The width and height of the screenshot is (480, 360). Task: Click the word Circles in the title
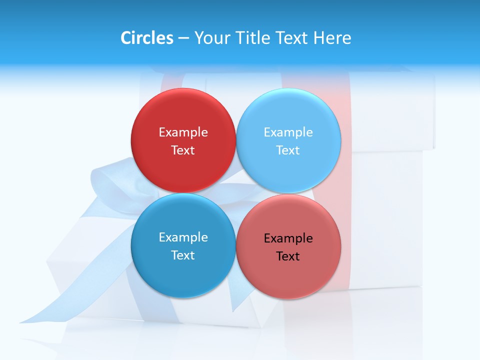click(147, 38)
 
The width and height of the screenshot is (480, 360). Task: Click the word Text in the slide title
click(292, 38)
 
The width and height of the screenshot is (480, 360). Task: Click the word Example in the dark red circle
click(183, 132)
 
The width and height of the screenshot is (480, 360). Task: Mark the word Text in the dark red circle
click(183, 150)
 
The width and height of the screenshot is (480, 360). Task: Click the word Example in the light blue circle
click(288, 132)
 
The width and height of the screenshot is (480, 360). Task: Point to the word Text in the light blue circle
click(288, 150)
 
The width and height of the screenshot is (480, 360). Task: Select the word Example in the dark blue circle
click(183, 237)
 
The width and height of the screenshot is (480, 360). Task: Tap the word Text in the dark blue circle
click(183, 255)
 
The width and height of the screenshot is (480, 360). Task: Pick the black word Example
click(288, 238)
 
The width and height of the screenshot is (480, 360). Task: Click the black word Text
click(288, 256)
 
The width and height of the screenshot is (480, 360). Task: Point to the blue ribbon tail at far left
click(50, 310)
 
